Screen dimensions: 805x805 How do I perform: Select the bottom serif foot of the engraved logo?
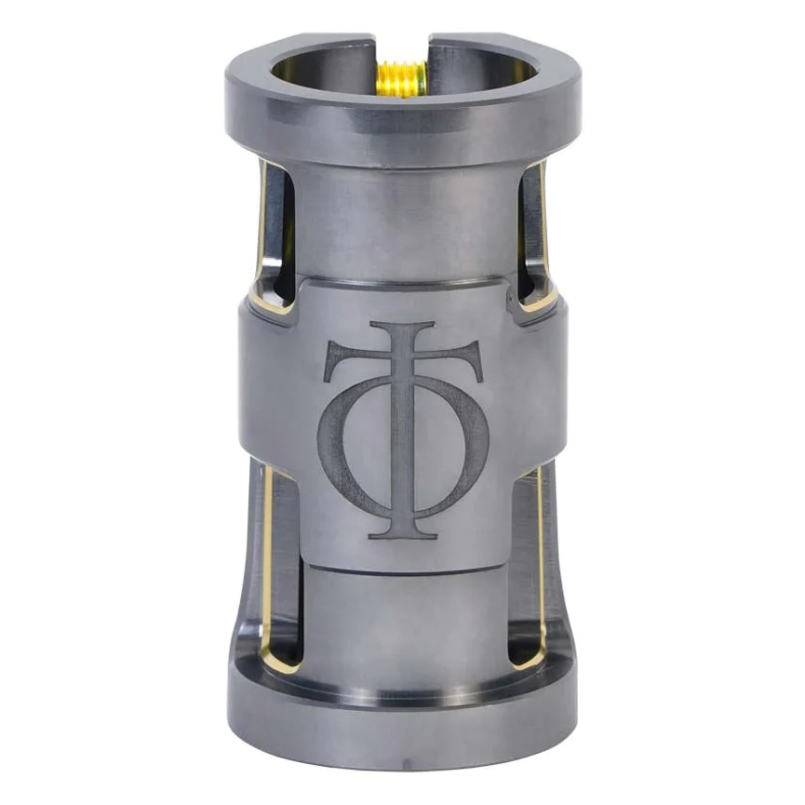pos(404,534)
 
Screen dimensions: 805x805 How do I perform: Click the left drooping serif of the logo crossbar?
pos(337,359)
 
